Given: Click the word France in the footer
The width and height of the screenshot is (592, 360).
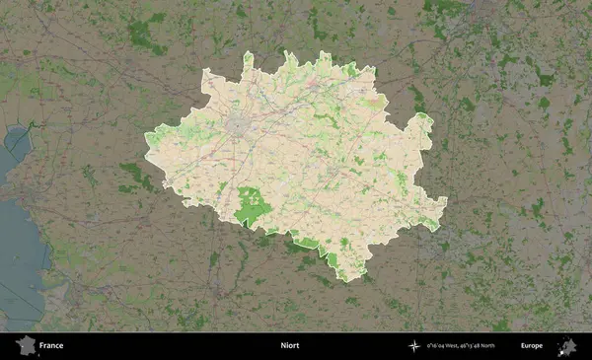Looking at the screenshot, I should [x=51, y=346].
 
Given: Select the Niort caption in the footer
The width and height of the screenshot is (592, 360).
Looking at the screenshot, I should [x=289, y=346].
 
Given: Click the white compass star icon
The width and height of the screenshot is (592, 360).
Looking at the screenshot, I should [x=414, y=346].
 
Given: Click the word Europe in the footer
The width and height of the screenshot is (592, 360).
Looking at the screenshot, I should [x=532, y=346].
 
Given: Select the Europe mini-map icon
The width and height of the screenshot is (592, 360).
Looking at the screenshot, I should [x=567, y=345].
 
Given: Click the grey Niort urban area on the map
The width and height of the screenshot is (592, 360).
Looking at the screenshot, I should [x=240, y=125].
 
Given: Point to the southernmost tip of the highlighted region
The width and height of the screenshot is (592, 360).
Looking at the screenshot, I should [x=346, y=279].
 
